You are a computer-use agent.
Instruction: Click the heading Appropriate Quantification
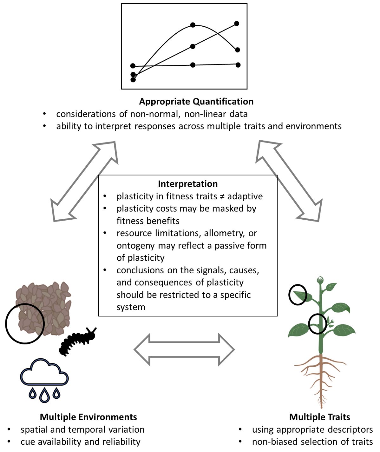[196, 102]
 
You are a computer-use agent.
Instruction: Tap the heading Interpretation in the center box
[188, 184]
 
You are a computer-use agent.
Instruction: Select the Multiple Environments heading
[88, 417]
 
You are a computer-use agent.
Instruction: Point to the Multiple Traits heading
[320, 417]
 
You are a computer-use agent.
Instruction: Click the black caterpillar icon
[77, 341]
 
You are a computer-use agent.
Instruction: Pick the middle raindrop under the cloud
[44, 395]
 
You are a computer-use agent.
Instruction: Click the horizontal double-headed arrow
[184, 349]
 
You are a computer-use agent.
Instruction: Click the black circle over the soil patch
[25, 323]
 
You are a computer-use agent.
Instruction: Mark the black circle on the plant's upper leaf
[298, 295]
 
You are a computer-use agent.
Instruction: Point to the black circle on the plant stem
[318, 324]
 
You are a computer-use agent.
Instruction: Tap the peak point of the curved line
[193, 25]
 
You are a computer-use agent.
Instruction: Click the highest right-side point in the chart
[237, 23]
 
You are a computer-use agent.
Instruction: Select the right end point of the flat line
[238, 65]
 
